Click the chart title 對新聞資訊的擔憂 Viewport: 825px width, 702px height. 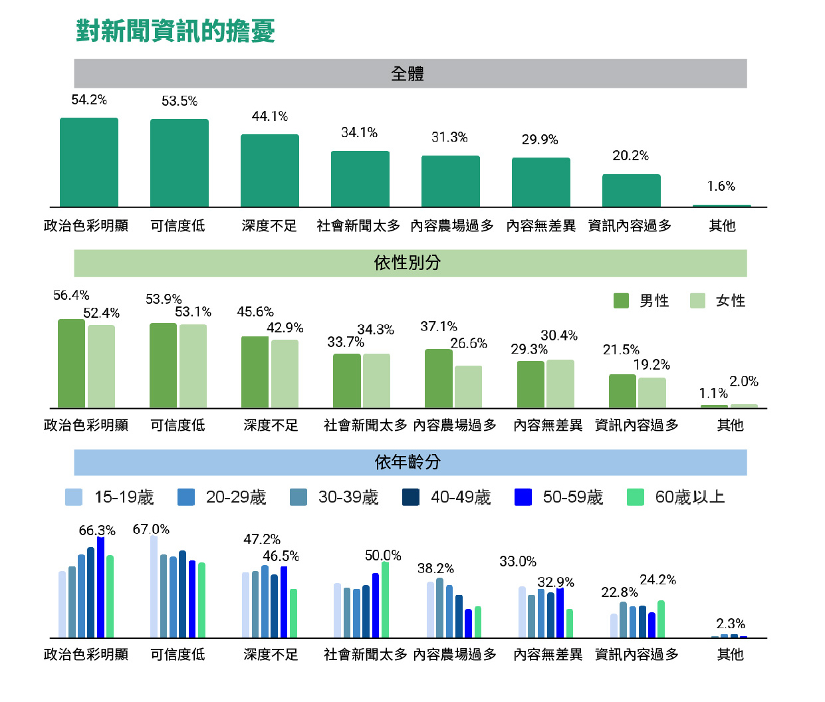pyautogui.click(x=176, y=31)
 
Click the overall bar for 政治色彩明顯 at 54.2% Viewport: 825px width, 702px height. pyautogui.click(x=89, y=163)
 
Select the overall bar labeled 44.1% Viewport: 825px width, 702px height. pyautogui.click(x=269, y=171)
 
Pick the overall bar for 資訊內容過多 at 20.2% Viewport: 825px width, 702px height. pyautogui.click(x=631, y=191)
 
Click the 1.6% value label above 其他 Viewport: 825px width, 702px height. pyautogui.click(x=721, y=186)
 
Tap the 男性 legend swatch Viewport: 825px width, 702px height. pyautogui.click(x=621, y=300)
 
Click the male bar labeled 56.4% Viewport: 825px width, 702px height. pyautogui.click(x=71, y=364)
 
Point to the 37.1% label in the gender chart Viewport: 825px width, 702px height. pyautogui.click(x=439, y=326)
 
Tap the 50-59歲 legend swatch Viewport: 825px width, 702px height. pyautogui.click(x=523, y=497)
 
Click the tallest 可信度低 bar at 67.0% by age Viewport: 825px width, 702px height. pyautogui.click(x=154, y=586)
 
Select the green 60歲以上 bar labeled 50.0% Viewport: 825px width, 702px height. pyautogui.click(x=385, y=600)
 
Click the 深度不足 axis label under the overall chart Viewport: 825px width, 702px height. pyautogui.click(x=269, y=226)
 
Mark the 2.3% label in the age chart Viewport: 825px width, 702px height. pyautogui.click(x=730, y=624)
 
